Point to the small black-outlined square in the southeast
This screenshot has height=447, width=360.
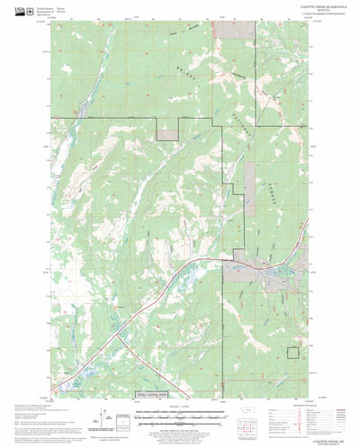coord(292,353)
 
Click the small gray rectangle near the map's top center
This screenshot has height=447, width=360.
coord(168,133)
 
